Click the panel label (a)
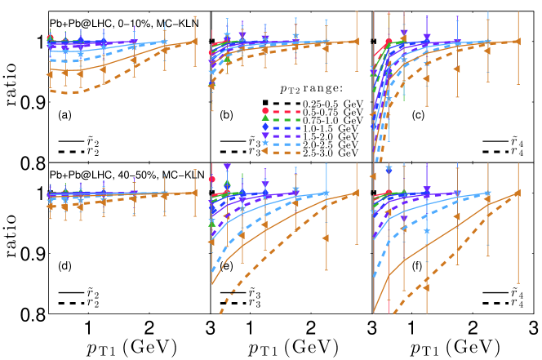click(x=63, y=115)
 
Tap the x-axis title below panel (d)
click(x=126, y=346)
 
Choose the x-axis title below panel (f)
click(x=451, y=346)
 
